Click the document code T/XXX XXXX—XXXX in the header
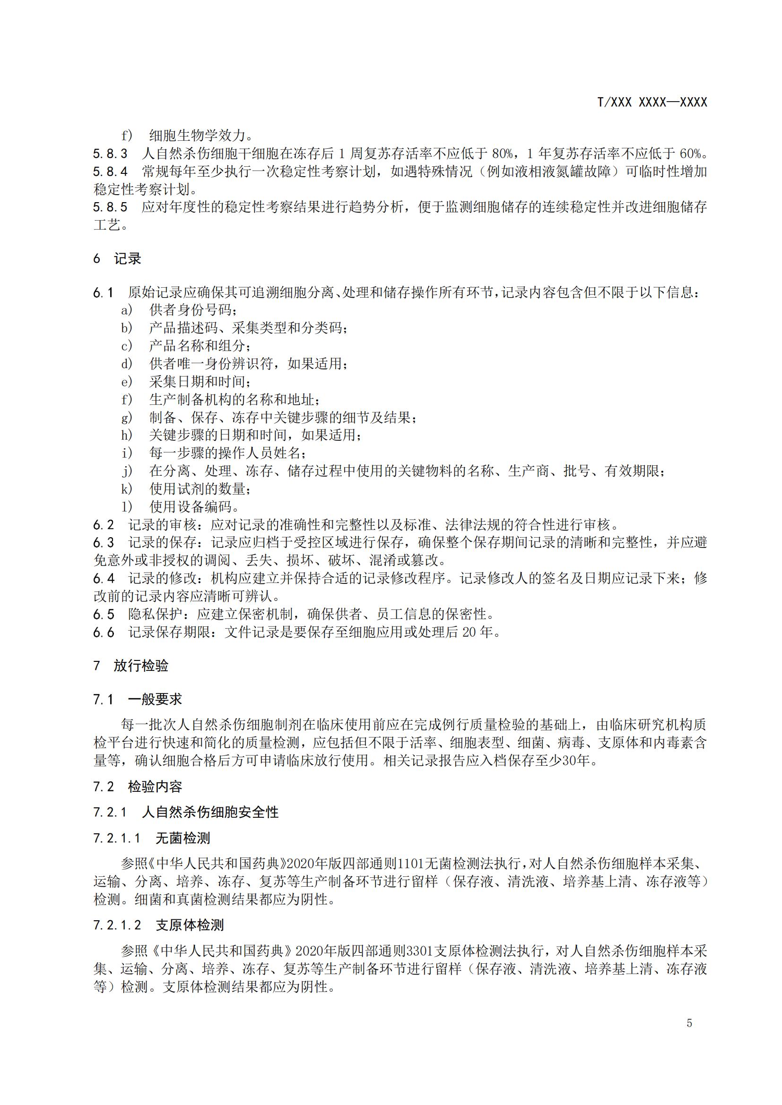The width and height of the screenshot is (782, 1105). click(x=652, y=102)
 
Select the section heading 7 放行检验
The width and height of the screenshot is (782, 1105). click(x=130, y=666)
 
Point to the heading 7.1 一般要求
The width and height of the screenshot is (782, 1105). click(x=137, y=699)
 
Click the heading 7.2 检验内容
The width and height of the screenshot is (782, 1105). click(x=137, y=787)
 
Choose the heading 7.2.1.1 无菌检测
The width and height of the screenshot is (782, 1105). click(x=151, y=838)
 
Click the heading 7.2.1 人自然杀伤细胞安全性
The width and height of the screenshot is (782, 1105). click(x=185, y=813)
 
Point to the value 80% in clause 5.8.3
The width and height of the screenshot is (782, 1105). click(x=502, y=154)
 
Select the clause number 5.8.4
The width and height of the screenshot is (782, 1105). click(x=110, y=172)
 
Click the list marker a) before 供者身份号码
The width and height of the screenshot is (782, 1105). click(x=127, y=310)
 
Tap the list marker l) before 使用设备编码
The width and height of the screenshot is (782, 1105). click(x=127, y=506)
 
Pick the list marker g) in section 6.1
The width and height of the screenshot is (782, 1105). click(x=127, y=417)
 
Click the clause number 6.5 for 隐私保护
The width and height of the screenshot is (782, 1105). click(x=104, y=614)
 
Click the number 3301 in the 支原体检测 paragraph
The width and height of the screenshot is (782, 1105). click(x=420, y=951)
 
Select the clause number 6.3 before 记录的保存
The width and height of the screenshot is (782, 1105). click(x=104, y=543)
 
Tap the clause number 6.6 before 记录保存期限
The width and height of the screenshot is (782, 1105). click(x=104, y=632)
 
